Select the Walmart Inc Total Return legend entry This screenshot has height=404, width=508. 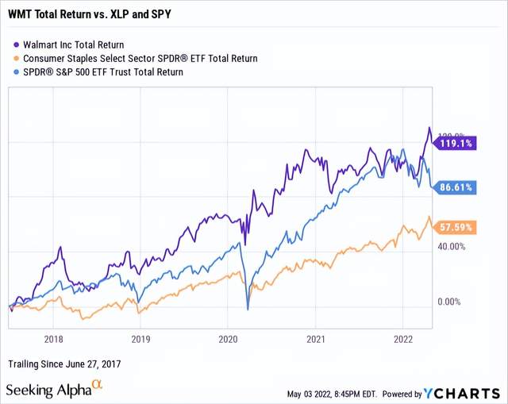pos(79,44)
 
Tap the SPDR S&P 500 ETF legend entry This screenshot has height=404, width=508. pos(104,71)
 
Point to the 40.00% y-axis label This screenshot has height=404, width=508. pos(451,247)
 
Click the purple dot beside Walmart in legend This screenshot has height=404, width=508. pos(17,45)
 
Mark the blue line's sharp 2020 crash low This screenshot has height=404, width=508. pos(248,309)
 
